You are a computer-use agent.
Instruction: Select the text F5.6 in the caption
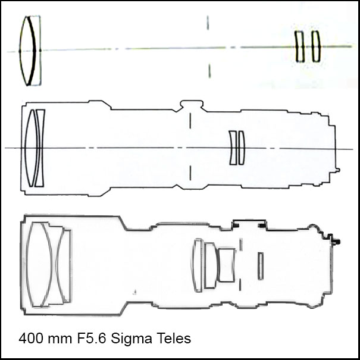[x=92, y=338]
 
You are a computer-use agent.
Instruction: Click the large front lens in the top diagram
[x=27, y=51]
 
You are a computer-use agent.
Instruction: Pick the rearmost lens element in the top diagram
[x=316, y=46]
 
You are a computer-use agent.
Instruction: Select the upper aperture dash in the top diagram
[x=208, y=23]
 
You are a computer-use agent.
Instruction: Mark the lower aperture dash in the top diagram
[x=209, y=71]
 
